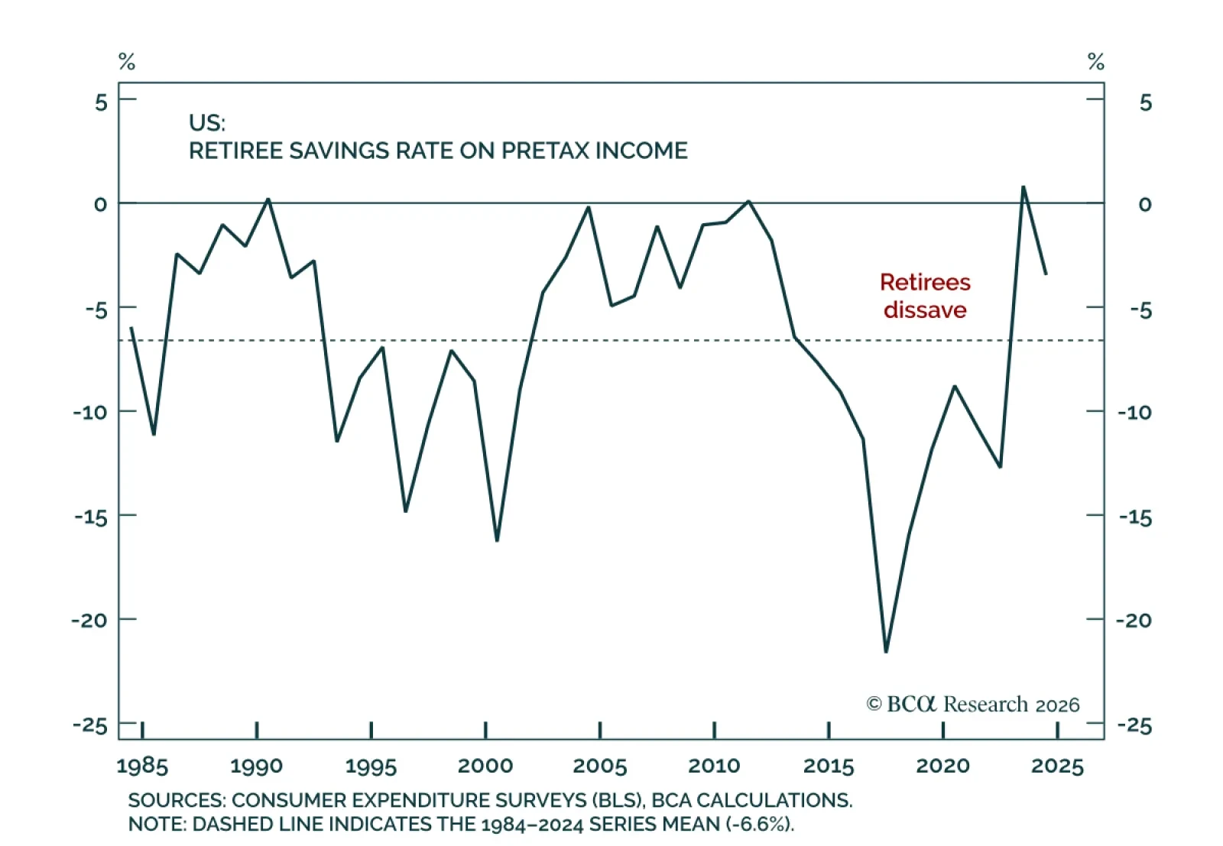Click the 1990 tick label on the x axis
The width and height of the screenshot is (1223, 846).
(x=256, y=766)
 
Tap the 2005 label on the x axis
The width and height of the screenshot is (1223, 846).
(x=599, y=766)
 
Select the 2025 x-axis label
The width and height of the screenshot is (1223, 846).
(x=1057, y=766)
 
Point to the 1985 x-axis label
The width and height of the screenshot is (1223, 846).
(x=142, y=766)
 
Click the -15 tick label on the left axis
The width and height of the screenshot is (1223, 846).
(x=91, y=517)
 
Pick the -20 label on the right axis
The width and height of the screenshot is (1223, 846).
(x=1134, y=621)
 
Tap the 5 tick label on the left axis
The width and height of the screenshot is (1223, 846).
(x=101, y=102)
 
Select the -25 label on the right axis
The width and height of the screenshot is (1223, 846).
(x=1134, y=725)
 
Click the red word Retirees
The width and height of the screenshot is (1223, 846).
(x=926, y=282)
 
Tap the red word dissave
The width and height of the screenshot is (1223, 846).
(x=926, y=310)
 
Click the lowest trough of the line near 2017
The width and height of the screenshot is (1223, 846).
(x=886, y=652)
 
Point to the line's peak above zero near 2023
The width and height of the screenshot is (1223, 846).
(x=1023, y=186)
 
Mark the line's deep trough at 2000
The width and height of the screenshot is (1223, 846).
(x=497, y=541)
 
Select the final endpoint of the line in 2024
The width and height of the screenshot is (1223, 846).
(x=1046, y=274)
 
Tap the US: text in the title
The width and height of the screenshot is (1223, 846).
(x=207, y=123)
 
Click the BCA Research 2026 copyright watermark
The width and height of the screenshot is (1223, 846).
(x=973, y=704)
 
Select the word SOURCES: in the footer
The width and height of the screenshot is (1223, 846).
(x=177, y=800)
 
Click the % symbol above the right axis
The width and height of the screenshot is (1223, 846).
(x=1095, y=62)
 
